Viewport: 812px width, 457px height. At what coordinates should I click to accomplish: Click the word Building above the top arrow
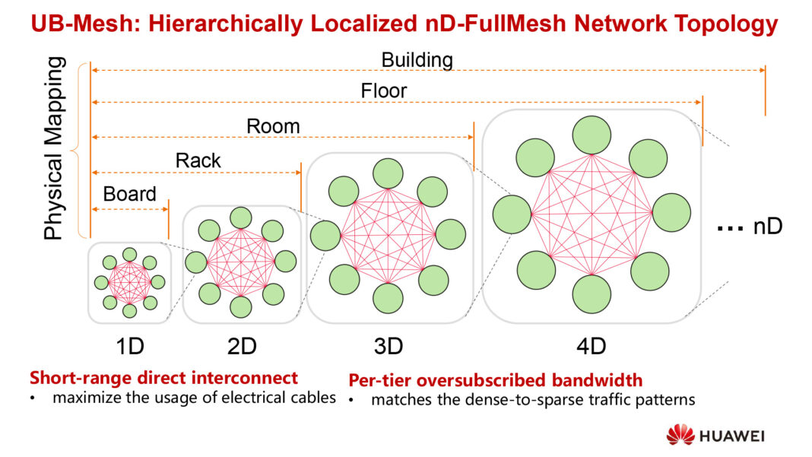click(x=417, y=59)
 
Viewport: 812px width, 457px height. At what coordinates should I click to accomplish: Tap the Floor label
click(x=384, y=91)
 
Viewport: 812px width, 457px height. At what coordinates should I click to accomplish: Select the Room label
click(x=273, y=125)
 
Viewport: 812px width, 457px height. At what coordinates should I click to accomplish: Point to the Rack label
click(x=198, y=160)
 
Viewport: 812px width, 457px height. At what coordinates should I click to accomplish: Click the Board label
click(x=129, y=193)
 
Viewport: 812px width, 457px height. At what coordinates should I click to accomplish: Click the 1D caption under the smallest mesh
click(x=128, y=346)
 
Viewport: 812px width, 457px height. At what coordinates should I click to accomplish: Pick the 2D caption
click(x=241, y=346)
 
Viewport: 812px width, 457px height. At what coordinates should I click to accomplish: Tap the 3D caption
click(x=387, y=346)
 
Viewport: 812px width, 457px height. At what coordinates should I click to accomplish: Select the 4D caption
click(x=590, y=346)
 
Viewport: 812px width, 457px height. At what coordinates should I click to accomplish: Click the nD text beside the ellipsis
click(x=768, y=227)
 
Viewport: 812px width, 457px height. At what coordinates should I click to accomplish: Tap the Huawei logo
click(x=715, y=436)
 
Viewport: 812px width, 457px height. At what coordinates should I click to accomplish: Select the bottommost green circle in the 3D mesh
click(x=388, y=298)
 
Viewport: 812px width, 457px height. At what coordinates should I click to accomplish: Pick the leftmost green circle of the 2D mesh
click(x=196, y=262)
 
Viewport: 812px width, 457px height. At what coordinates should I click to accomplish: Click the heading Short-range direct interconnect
click(x=163, y=378)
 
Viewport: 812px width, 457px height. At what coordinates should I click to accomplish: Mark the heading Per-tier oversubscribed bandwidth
click(x=495, y=379)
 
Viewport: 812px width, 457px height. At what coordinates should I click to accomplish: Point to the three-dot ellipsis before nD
click(x=729, y=228)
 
